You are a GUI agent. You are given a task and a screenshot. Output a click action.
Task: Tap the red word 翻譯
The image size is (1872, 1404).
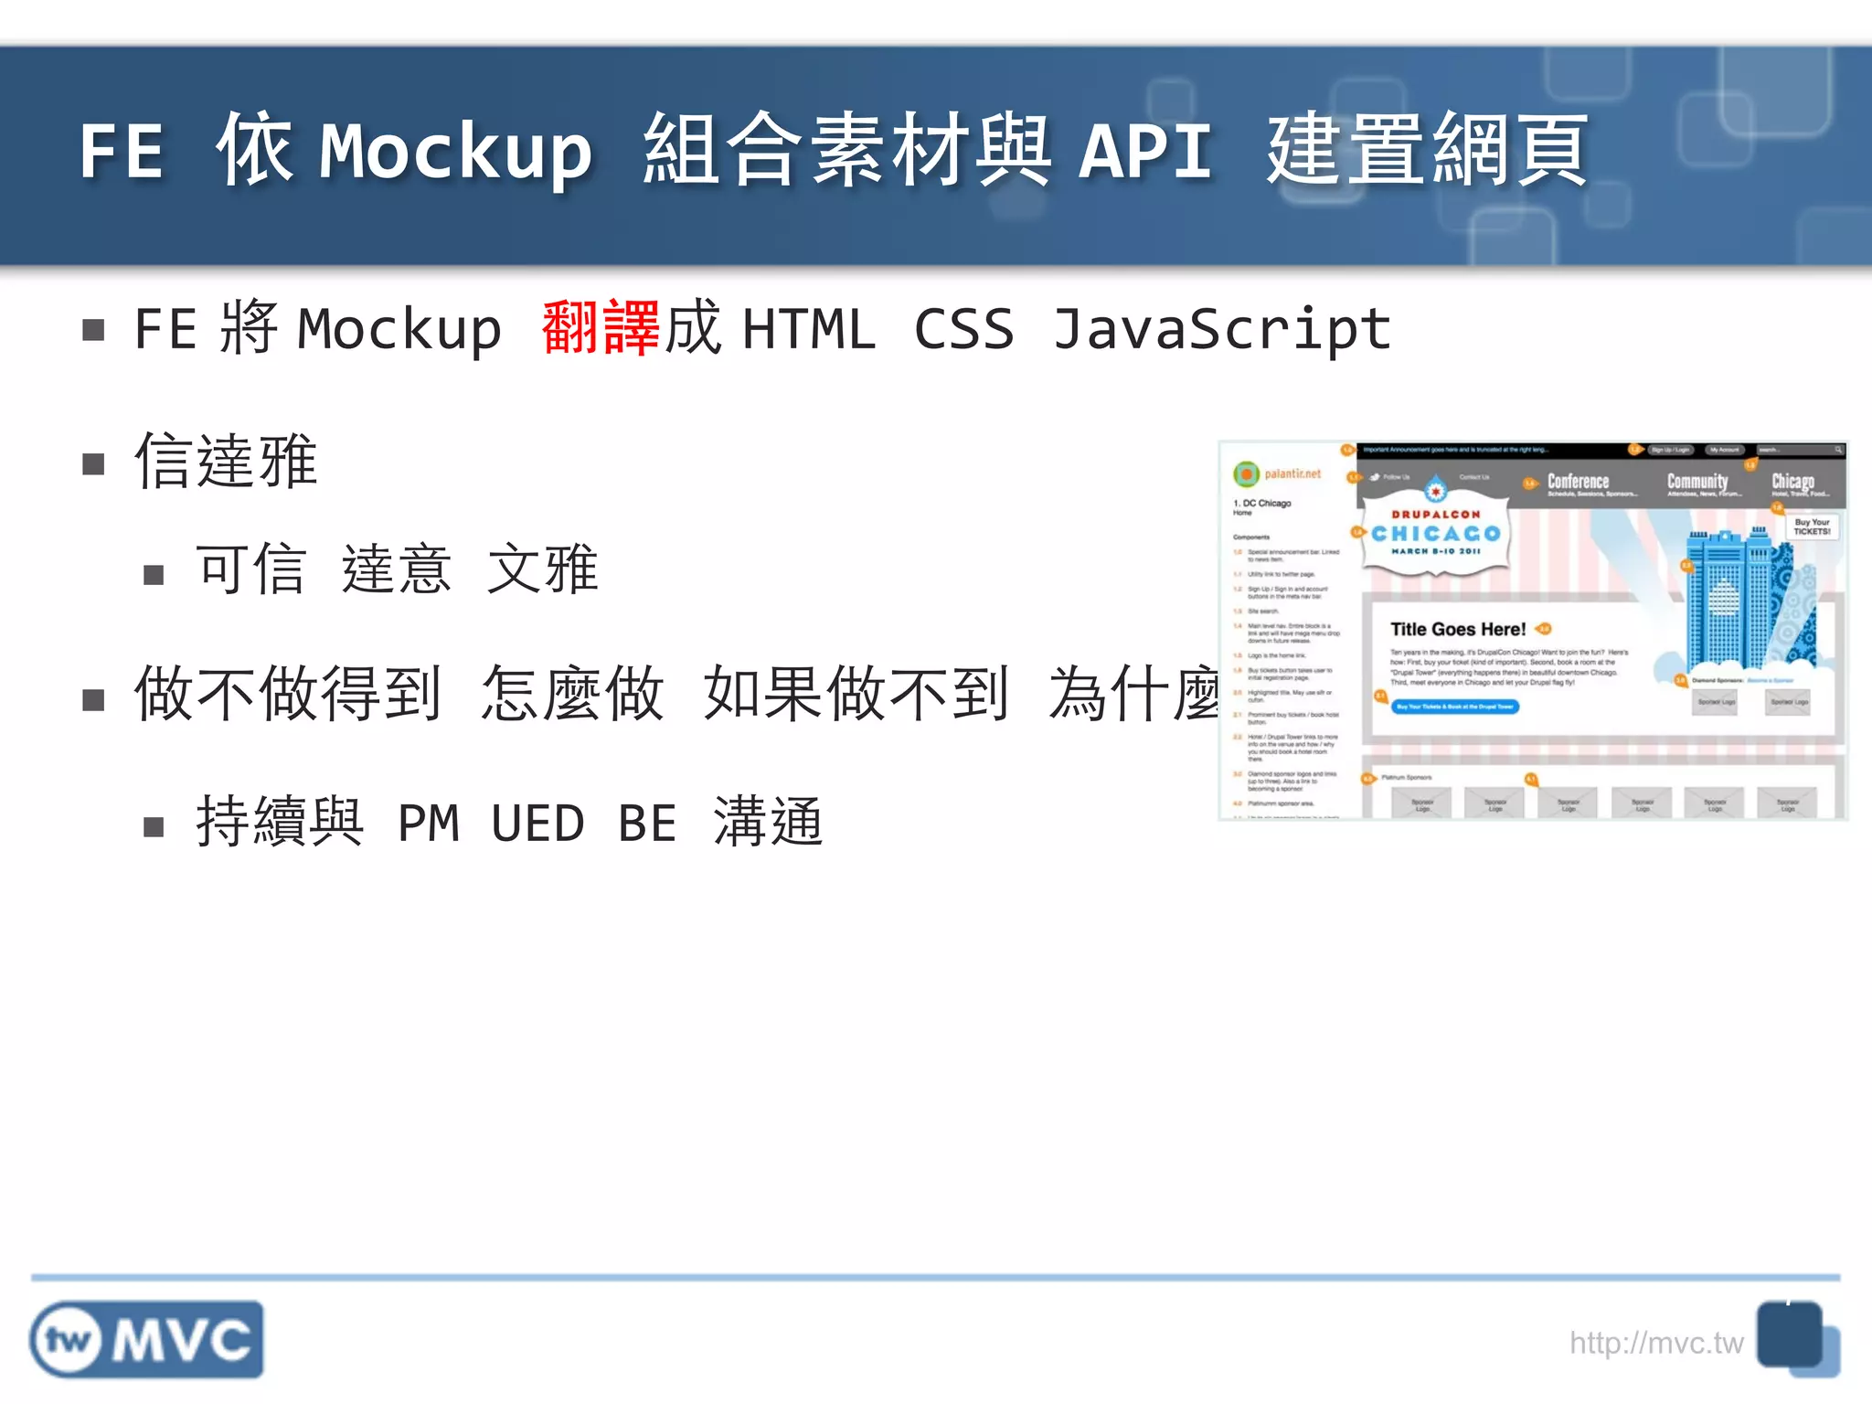[600, 327]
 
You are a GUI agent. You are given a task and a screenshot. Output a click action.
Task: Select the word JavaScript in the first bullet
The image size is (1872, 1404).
[1221, 329]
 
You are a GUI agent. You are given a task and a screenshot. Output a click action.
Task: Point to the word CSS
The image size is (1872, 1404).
[963, 329]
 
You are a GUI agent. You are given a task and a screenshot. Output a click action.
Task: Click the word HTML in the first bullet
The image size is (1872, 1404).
[808, 329]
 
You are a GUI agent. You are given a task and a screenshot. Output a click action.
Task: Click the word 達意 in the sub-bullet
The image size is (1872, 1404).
[397, 569]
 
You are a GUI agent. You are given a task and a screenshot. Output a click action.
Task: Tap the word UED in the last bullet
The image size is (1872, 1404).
[537, 824]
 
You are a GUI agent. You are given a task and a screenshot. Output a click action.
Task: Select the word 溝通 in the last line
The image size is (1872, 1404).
[768, 822]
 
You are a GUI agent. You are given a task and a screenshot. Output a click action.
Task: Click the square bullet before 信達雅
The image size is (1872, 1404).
[93, 464]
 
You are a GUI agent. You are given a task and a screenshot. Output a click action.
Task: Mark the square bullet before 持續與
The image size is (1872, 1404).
[154, 827]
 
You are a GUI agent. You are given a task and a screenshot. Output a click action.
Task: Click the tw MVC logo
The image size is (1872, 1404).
[146, 1339]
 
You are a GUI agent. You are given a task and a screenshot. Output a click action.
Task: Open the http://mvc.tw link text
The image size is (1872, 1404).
[1655, 1343]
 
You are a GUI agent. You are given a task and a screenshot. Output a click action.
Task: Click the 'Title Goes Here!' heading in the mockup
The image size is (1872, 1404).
[1458, 629]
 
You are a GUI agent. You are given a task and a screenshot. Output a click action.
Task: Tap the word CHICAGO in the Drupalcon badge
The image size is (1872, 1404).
[1436, 534]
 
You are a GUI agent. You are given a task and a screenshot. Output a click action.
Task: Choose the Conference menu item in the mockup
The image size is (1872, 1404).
[1578, 482]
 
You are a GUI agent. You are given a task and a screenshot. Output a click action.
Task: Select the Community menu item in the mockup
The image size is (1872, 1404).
[1697, 482]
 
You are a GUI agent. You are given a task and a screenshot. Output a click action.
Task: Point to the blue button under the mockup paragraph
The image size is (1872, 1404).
[1454, 707]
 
